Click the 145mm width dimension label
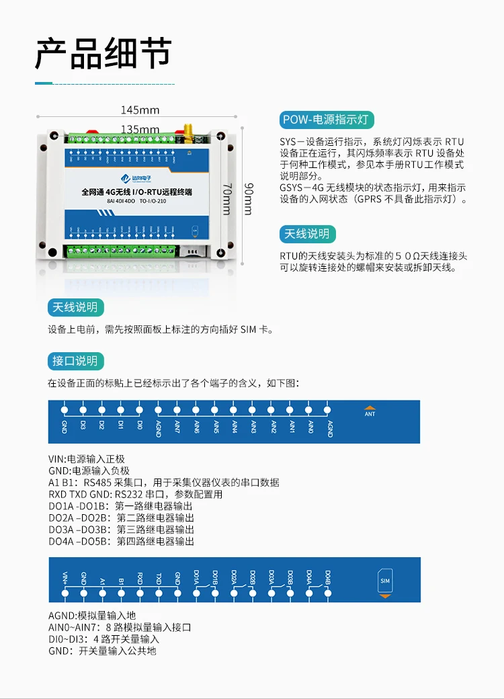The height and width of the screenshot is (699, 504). pos(140,110)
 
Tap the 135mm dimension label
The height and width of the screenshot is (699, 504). pos(140,129)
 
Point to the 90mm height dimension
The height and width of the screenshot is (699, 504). pos(247,198)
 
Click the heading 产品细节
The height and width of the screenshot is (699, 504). pos(103,54)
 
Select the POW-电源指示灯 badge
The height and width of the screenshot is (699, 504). pos(327,120)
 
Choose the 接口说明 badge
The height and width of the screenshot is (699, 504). pos(75,361)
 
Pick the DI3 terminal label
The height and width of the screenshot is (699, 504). pos(83,425)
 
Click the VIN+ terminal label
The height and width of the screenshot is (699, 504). pos(65,577)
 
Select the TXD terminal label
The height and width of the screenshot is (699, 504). pos(159,578)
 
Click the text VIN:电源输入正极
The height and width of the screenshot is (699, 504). pos(87,459)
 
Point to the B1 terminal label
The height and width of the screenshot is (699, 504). pos(121,579)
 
